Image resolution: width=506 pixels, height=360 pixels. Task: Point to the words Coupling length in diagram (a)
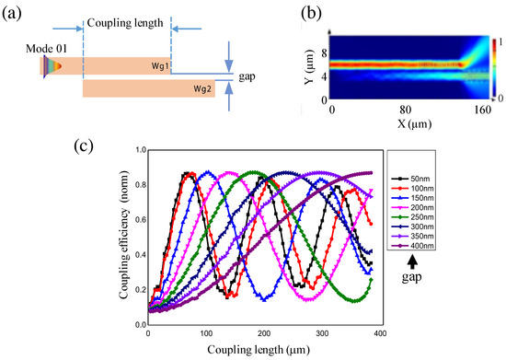coord(126,20)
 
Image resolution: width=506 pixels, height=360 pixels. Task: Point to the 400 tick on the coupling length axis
coord(378,332)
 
